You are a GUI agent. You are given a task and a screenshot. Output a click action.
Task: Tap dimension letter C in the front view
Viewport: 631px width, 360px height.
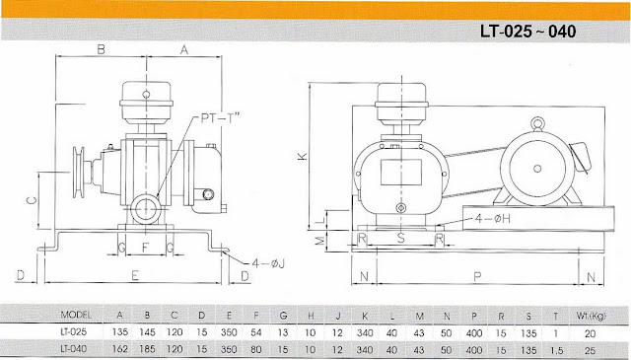pos(32,200)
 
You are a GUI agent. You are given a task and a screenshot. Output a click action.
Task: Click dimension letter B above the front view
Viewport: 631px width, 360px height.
pos(101,48)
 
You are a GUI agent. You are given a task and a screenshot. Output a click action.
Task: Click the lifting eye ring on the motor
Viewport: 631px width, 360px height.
pos(537,123)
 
